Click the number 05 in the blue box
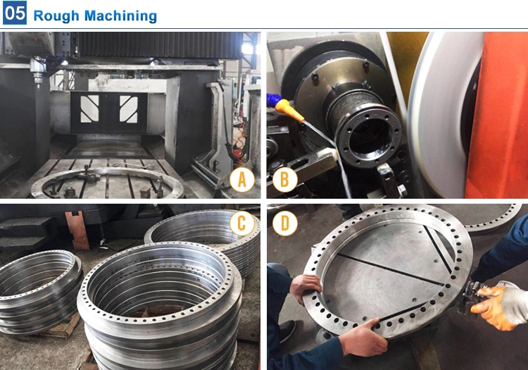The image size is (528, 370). pos(14,13)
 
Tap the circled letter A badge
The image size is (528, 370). pos(242,180)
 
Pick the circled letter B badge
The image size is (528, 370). pos(284,180)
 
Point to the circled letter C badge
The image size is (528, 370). pos(241,223)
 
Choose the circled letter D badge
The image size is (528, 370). pos(284,223)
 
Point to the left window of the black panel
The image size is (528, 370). pos(90,109)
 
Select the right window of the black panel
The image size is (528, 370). pos(128,109)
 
